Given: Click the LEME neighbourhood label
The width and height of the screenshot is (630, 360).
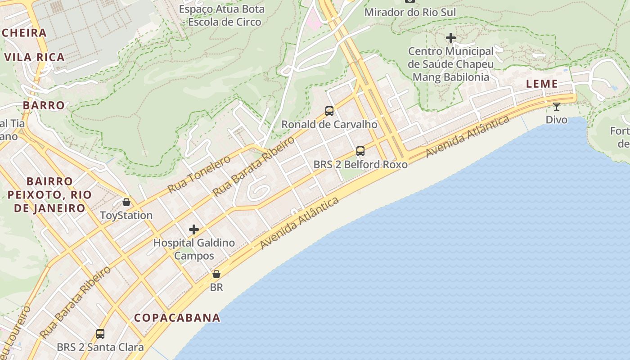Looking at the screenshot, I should coord(542,84).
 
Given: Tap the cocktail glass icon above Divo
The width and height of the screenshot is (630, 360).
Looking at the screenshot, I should coord(557,107).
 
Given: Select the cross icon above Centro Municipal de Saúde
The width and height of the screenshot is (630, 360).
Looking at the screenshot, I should coord(450,38).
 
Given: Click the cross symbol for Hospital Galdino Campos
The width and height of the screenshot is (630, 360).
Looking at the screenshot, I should coord(194,229).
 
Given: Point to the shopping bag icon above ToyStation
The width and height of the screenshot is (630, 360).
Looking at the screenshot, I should coord(126,202).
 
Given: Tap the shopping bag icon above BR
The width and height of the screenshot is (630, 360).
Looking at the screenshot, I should coord(216,274).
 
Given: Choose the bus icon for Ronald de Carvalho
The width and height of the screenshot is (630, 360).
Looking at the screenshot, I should coord(329,111).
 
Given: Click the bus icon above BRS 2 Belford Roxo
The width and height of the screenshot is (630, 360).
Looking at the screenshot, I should coord(360,151).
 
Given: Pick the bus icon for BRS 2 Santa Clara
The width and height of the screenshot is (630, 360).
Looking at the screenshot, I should coord(100,334).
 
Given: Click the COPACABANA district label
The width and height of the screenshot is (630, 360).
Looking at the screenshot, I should coord(177,318).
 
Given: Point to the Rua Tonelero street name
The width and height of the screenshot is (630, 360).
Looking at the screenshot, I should coord(199,174).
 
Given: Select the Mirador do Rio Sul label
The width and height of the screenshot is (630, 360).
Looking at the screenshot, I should coord(410,12).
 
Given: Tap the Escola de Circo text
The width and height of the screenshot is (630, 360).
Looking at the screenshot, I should coord(224,22).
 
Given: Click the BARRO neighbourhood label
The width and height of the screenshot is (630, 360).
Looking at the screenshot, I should coord(44,105).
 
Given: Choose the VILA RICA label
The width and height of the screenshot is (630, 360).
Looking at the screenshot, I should coord(35,57).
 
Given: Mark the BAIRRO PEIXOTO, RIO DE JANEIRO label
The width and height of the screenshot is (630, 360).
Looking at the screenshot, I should coord(49,195).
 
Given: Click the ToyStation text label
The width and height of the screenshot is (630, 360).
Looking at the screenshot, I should coord(126,215).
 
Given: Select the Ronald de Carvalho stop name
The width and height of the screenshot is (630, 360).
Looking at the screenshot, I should coord(329,124).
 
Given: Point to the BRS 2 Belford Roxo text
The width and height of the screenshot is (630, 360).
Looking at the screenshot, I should coord(360,164).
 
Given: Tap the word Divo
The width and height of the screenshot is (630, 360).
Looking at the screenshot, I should coord(557,120).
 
